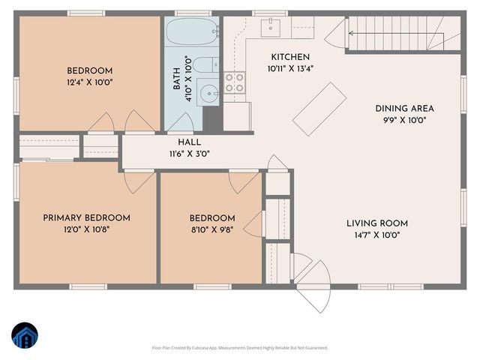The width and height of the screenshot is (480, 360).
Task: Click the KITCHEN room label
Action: tap(290, 57)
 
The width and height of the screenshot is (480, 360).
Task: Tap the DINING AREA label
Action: tap(405, 109)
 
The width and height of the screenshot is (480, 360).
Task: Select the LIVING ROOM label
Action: tap(377, 223)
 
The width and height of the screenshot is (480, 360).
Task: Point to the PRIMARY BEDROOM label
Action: tap(86, 217)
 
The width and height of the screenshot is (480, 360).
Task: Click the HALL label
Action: tap(189, 142)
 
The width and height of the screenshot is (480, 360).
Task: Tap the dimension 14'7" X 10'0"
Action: tap(377, 235)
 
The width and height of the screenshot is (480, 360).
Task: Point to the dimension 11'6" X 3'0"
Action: tap(189, 154)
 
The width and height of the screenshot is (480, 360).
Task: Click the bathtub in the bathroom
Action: tap(192, 33)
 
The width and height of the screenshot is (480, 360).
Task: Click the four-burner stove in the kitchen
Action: tap(234, 82)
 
